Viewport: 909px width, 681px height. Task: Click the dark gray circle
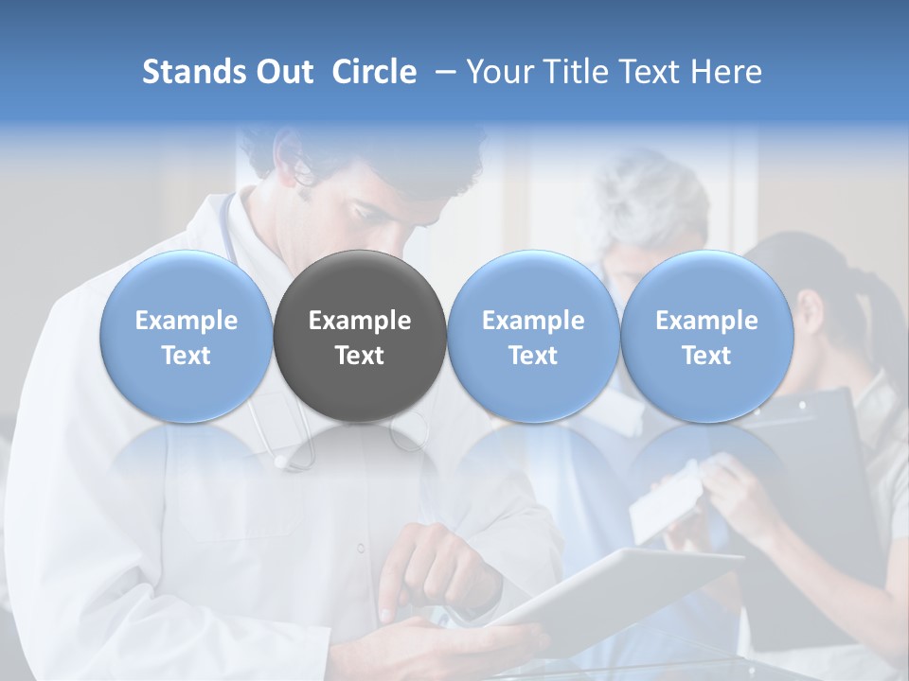[360, 337]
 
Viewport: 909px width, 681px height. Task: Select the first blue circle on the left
[187, 337]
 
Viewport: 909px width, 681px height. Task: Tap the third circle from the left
[533, 337]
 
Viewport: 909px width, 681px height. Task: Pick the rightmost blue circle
[706, 337]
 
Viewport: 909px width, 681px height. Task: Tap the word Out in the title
[283, 72]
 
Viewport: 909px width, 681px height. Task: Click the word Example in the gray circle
[360, 321]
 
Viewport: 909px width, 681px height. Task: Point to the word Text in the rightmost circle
[706, 356]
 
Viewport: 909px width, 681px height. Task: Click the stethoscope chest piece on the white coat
[281, 462]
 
